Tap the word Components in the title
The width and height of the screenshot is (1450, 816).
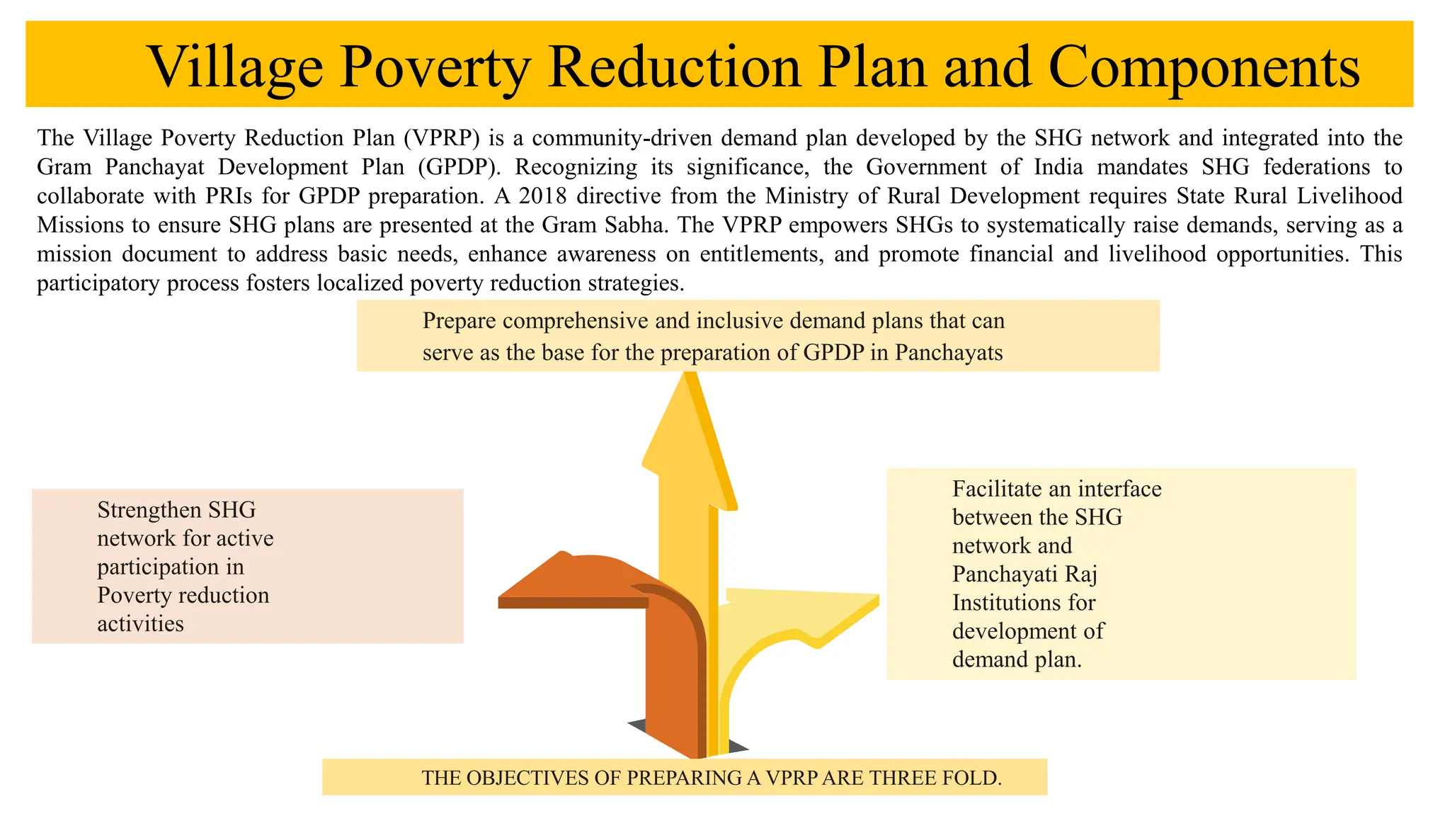pyautogui.click(x=1204, y=68)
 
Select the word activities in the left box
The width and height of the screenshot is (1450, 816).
pyautogui.click(x=140, y=623)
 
